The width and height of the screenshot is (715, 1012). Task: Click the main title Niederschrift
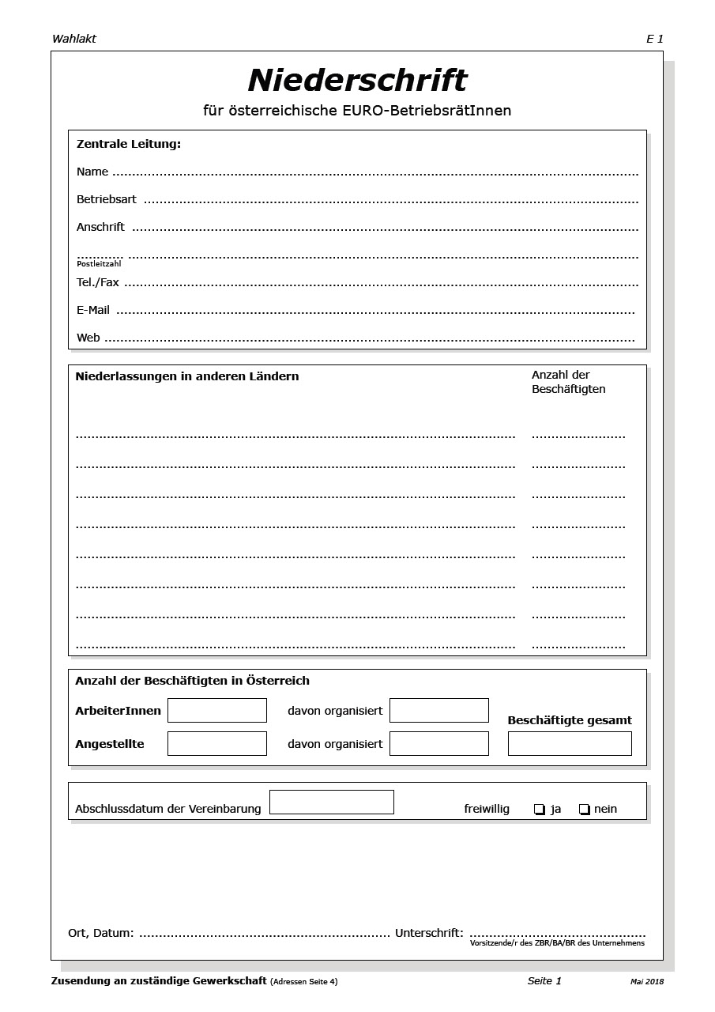(x=357, y=81)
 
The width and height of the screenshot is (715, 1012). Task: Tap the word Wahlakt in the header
(x=73, y=39)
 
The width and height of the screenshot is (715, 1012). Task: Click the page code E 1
(x=654, y=39)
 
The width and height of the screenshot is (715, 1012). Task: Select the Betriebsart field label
(x=106, y=199)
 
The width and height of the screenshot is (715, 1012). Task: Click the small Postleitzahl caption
(x=99, y=264)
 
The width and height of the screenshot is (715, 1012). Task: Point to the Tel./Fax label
(x=97, y=282)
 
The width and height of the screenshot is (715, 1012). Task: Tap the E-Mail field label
(x=92, y=310)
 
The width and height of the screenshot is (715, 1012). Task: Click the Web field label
(x=88, y=338)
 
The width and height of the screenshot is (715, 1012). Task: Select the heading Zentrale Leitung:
(x=128, y=144)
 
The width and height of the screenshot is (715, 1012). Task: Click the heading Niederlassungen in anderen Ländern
(x=186, y=376)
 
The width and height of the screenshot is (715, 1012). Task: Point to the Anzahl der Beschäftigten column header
(x=568, y=382)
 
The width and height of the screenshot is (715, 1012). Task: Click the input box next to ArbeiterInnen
(x=216, y=710)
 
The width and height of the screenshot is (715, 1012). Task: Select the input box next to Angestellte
(x=216, y=743)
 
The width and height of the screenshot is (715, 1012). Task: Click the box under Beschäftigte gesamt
(x=570, y=743)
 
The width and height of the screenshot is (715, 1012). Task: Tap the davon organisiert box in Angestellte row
(x=438, y=743)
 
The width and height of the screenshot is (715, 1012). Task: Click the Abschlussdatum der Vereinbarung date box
(x=331, y=802)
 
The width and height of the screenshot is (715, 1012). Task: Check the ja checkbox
(x=540, y=809)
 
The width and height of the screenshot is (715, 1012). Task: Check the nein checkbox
(x=585, y=809)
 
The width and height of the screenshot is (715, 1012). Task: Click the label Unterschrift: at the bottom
(x=429, y=933)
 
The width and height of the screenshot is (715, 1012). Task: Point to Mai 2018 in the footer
(x=647, y=981)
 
